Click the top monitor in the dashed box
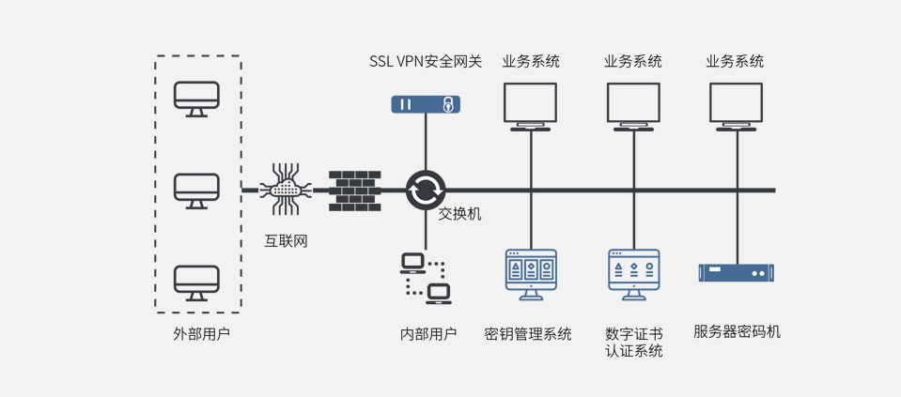[x=196, y=98]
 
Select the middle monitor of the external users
[x=196, y=191]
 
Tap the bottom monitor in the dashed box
[x=196, y=282]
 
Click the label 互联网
[x=286, y=241]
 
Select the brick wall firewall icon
[x=353, y=190]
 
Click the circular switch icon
[x=425, y=190]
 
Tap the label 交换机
[x=460, y=214]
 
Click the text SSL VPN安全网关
[x=426, y=62]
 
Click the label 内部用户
[x=428, y=333]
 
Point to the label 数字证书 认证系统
[x=634, y=342]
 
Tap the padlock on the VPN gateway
[x=449, y=103]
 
